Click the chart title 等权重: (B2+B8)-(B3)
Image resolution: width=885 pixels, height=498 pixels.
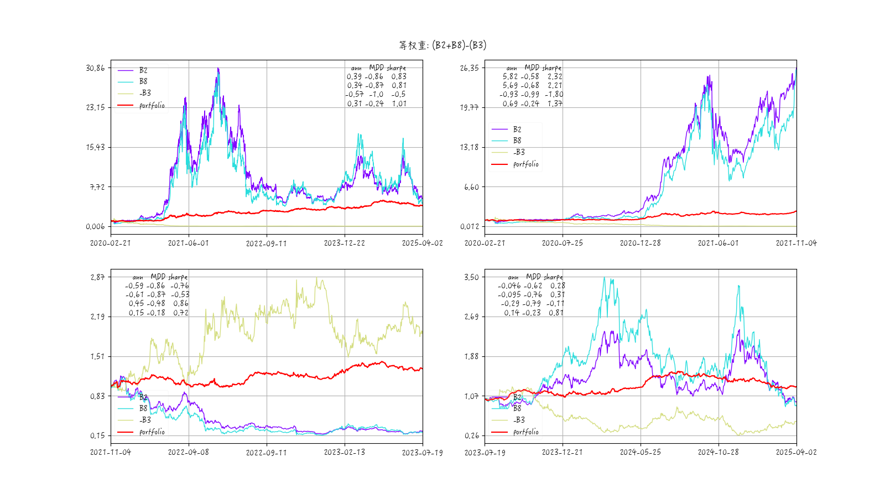442,45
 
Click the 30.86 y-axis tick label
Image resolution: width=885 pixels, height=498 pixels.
95,68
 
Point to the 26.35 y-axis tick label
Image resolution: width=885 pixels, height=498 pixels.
469,68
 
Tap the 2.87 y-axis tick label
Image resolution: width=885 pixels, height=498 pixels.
97,277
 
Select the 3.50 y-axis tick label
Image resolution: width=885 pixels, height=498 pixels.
471,277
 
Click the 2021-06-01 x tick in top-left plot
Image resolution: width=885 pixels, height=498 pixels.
189,243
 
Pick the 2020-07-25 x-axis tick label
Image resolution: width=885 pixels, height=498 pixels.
563,243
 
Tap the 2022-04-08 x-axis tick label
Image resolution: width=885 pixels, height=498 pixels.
189,452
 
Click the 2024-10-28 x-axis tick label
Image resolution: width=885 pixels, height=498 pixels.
718,452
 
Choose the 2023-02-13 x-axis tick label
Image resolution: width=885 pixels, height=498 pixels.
344,452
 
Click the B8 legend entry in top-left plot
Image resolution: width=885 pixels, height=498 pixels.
143,81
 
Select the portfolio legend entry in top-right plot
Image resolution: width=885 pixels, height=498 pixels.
525,164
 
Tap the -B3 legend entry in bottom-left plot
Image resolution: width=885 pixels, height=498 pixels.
145,420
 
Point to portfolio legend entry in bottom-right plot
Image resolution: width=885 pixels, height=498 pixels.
525,432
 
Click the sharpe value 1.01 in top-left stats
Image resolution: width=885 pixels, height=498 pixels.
399,103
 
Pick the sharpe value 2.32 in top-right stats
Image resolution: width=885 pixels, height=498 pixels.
555,77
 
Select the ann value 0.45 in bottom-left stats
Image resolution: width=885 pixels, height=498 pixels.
136,304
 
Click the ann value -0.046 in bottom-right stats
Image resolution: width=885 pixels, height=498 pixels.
509,286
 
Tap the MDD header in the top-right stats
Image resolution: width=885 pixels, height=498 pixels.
532,68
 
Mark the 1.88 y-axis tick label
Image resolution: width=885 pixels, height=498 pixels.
471,356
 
